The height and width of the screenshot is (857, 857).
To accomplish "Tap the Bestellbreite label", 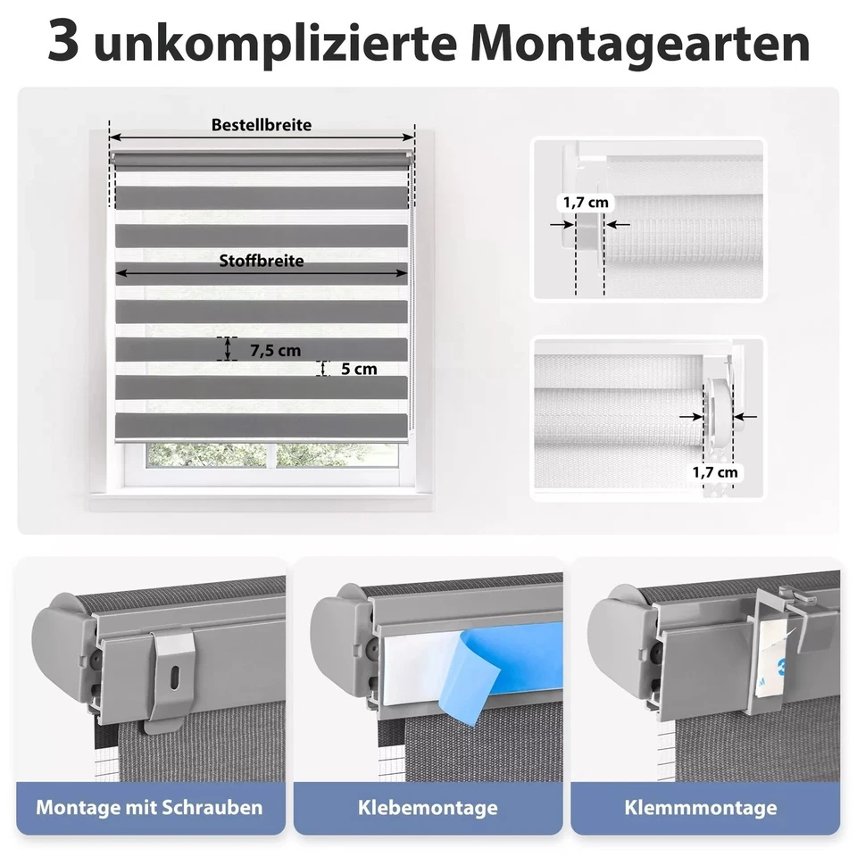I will [262, 125].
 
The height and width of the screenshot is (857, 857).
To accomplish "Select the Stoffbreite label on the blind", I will [262, 261].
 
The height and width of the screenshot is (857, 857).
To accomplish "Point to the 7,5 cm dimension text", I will [275, 350].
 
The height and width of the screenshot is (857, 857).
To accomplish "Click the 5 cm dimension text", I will [359, 368].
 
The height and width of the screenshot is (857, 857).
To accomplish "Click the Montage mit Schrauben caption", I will [150, 808].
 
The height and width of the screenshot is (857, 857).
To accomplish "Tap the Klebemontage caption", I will [428, 808].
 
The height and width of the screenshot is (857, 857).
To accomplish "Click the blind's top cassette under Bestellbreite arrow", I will [262, 159].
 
